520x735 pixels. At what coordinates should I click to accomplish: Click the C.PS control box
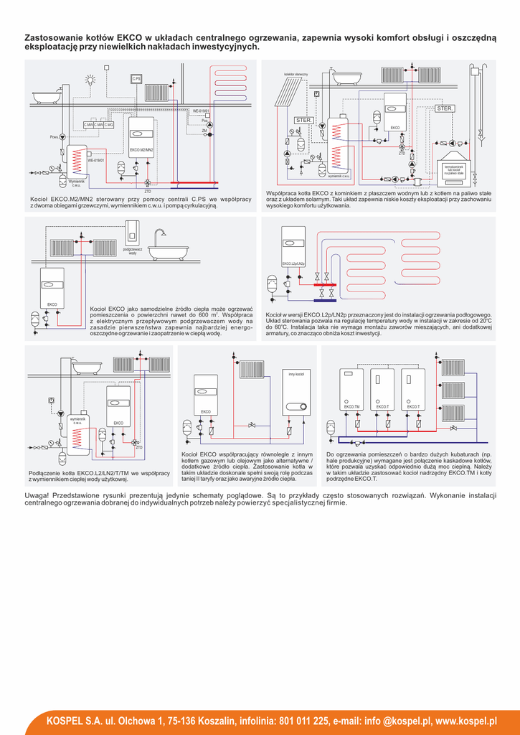pos(136,78)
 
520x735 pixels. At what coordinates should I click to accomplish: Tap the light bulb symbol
pos(90,81)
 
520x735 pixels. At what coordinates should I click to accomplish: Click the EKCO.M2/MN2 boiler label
pos(141,149)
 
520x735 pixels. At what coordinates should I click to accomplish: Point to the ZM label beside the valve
pos(204,131)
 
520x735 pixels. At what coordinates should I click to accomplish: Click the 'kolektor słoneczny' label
pos(296,74)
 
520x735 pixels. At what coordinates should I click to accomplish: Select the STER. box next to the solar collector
pos(303,120)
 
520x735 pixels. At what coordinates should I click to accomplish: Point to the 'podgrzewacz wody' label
pos(133,251)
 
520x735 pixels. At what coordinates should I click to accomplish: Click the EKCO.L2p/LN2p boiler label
pos(293,264)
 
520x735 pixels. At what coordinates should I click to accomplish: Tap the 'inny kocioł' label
pos(296,375)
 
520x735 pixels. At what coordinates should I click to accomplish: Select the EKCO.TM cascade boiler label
pos(351,407)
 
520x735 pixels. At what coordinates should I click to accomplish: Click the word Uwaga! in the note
pos(37,496)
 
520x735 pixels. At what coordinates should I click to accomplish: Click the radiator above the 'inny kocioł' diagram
pos(252,369)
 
